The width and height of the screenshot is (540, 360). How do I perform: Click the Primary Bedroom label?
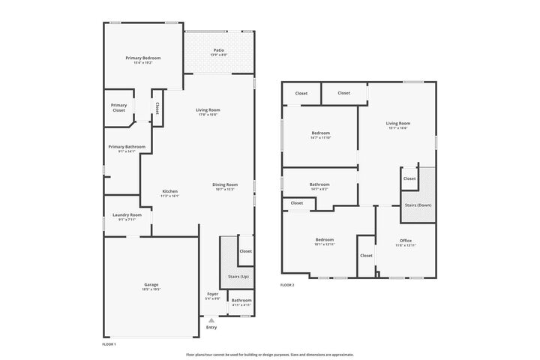tap(142, 58)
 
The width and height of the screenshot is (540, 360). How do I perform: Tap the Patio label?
tap(218, 50)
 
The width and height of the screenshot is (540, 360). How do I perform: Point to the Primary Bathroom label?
tap(126, 147)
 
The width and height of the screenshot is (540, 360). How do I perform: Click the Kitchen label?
tap(170, 191)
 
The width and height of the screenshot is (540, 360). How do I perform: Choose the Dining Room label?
tap(224, 184)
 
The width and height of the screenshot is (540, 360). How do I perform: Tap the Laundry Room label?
tap(126, 215)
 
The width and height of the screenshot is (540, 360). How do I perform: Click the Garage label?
tap(151, 284)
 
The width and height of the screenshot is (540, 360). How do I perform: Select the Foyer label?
tap(212, 294)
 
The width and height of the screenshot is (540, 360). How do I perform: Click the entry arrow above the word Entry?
tap(211, 319)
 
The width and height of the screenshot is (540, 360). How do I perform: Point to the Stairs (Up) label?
tap(238, 277)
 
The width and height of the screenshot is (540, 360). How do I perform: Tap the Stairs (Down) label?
tap(418, 204)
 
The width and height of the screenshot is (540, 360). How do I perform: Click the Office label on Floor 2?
tap(405, 240)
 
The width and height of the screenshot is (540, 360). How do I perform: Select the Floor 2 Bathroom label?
tap(319, 184)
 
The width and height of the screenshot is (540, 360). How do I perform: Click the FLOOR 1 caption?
tap(109, 343)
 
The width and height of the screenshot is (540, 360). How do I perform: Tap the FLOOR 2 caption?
tap(287, 285)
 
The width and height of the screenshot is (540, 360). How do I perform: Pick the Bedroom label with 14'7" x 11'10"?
tap(320, 133)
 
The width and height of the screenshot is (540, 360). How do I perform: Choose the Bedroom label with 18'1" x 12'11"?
tap(324, 240)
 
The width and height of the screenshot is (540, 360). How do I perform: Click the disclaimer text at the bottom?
tap(270, 354)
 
